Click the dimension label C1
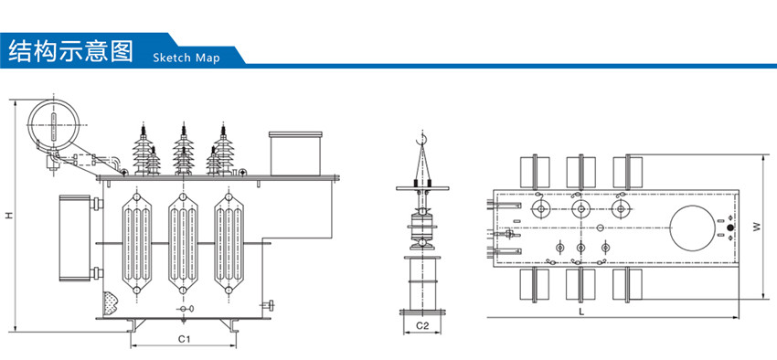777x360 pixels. pos(185,339)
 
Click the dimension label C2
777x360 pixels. pos(421,325)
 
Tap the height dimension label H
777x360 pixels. pos(9,216)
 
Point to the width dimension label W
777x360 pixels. pos(757,227)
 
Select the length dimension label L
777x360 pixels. pos(581,312)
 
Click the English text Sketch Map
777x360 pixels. pos(186,58)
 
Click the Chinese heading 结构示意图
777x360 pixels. pos(71,50)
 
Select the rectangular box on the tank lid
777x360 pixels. pos(295,153)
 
